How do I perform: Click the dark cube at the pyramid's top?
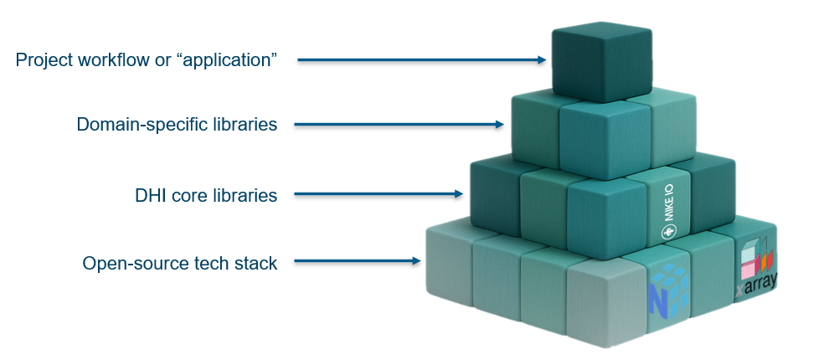point(601,62)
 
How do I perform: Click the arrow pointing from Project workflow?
point(422,60)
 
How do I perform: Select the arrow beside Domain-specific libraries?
point(399,125)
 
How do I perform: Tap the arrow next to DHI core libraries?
point(378,194)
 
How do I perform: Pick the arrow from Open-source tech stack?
point(358,261)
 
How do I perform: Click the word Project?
point(44,60)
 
